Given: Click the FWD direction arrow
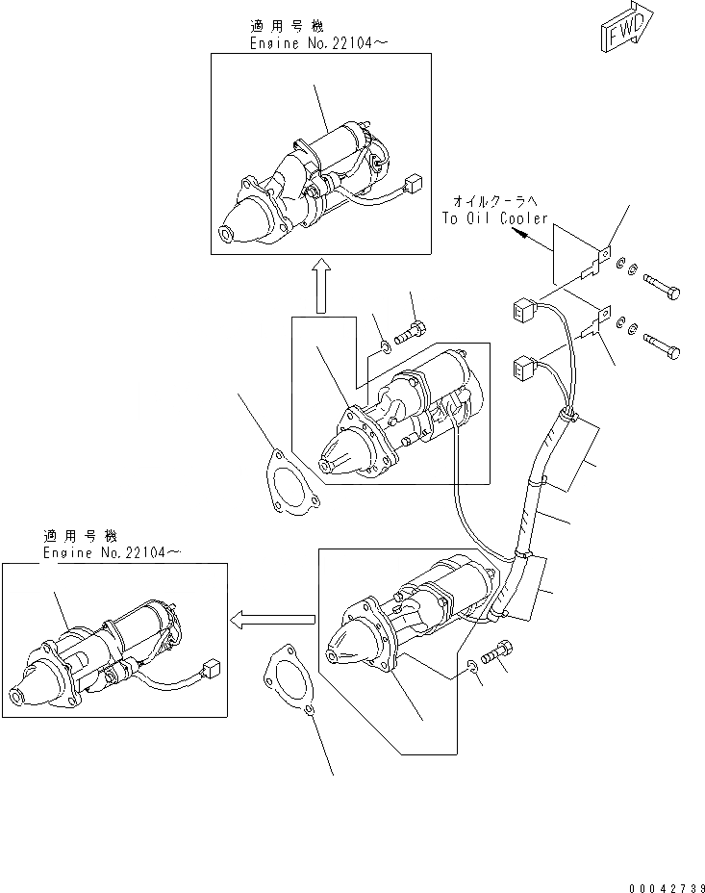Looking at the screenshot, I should pyautogui.click(x=626, y=27).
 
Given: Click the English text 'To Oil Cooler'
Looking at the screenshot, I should pyautogui.click(x=494, y=218).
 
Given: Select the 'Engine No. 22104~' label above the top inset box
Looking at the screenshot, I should pyautogui.click(x=307, y=43).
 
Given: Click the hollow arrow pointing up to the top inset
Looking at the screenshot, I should pyautogui.click(x=322, y=285).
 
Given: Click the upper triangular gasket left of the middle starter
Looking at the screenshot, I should pyautogui.click(x=286, y=481).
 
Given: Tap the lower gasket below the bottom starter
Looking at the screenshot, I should pyautogui.click(x=287, y=682).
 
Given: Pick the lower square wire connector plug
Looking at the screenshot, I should pyautogui.click(x=524, y=367).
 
